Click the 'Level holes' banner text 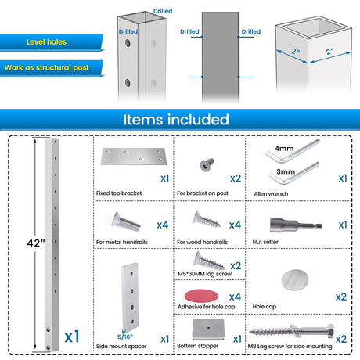(x=46, y=41)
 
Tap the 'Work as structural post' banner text (x=47, y=67)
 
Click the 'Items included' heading (x=176, y=120)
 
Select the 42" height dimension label (x=36, y=243)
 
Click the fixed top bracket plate (x=133, y=157)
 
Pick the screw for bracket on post (x=207, y=164)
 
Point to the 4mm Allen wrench (x=293, y=150)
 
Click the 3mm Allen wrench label (x=286, y=171)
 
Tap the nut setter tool (x=296, y=225)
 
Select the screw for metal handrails (x=126, y=221)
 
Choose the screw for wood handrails (x=206, y=219)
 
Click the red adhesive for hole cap (x=201, y=296)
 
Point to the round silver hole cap (x=295, y=280)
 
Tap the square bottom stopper (x=208, y=329)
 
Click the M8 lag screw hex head (x=330, y=332)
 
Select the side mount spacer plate (x=130, y=298)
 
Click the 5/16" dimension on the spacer (x=125, y=337)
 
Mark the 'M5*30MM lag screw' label (x=205, y=274)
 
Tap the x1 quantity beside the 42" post (x=72, y=337)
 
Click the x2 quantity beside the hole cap (x=341, y=297)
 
